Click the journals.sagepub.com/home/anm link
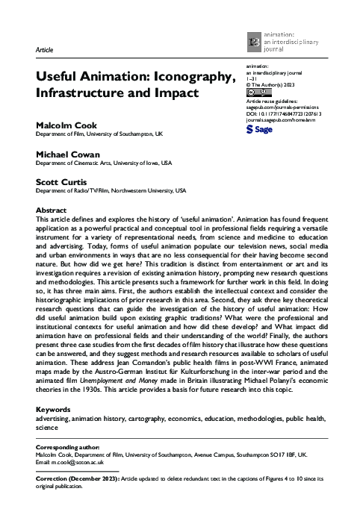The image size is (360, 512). tap(282, 120)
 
